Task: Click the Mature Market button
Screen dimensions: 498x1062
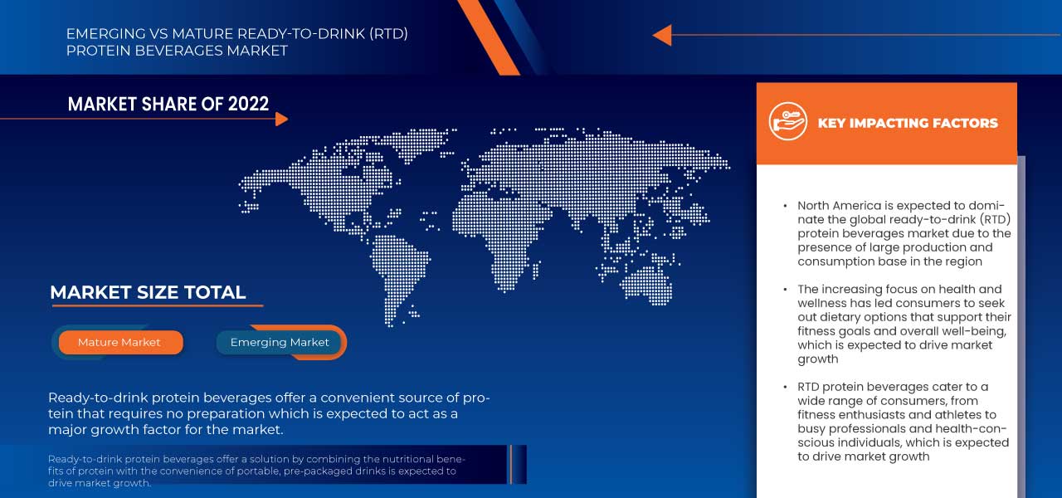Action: pyautogui.click(x=119, y=342)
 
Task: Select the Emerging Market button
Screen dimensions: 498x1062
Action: pyautogui.click(x=280, y=342)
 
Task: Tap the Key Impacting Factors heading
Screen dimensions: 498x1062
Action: pyautogui.click(x=908, y=123)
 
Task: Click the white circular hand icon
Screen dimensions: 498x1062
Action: pyautogui.click(x=787, y=122)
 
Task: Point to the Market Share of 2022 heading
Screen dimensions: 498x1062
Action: pyautogui.click(x=168, y=104)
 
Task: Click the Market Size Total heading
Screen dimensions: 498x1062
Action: pyautogui.click(x=148, y=292)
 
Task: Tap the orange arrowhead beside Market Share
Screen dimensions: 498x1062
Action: pyautogui.click(x=281, y=119)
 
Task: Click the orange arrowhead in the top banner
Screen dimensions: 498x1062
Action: pyautogui.click(x=661, y=35)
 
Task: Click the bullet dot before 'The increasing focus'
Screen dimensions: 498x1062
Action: pyautogui.click(x=785, y=290)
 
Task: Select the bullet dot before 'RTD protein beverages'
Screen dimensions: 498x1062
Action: pyautogui.click(x=785, y=387)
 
